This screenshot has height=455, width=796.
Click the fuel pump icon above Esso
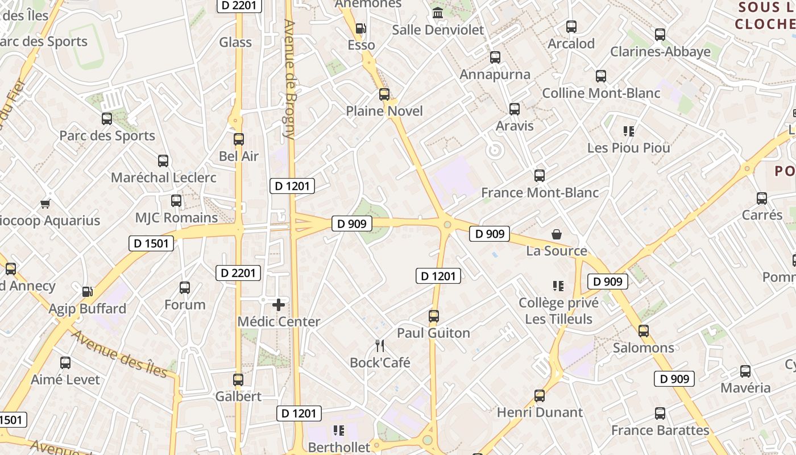[360, 28]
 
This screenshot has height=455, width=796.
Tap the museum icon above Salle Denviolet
[438, 13]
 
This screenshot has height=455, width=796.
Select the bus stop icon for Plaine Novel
[384, 94]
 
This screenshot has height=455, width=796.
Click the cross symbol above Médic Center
[279, 305]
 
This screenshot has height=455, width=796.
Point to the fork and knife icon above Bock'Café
[380, 345]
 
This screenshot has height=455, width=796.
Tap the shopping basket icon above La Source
[557, 234]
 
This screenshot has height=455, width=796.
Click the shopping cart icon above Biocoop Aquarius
[45, 204]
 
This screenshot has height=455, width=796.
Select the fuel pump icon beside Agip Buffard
[88, 292]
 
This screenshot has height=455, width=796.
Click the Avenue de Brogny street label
[289, 80]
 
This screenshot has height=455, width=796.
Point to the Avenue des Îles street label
[119, 354]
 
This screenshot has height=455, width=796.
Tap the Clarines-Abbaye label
[660, 52]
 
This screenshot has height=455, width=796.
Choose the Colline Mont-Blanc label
[601, 93]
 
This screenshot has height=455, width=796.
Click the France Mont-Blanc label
[540, 193]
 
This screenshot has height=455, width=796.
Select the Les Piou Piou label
[628, 148]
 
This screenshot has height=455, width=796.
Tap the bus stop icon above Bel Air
[239, 139]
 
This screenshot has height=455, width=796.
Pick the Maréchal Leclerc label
[163, 177]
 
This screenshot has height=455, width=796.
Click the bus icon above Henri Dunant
[540, 396]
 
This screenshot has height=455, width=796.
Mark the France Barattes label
[660, 431]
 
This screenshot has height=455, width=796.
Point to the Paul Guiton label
[433, 333]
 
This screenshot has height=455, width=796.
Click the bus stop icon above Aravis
[515, 109]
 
